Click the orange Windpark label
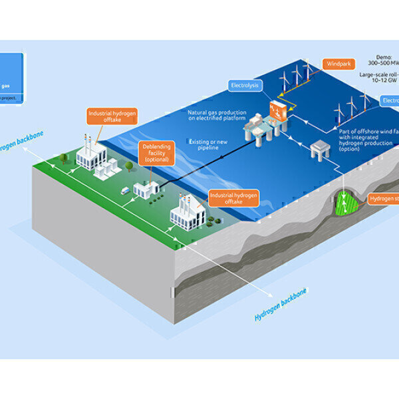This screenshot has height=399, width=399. (340, 65)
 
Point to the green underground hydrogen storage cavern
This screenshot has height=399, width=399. (346, 201)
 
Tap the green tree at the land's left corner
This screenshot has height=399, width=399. (63, 159)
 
